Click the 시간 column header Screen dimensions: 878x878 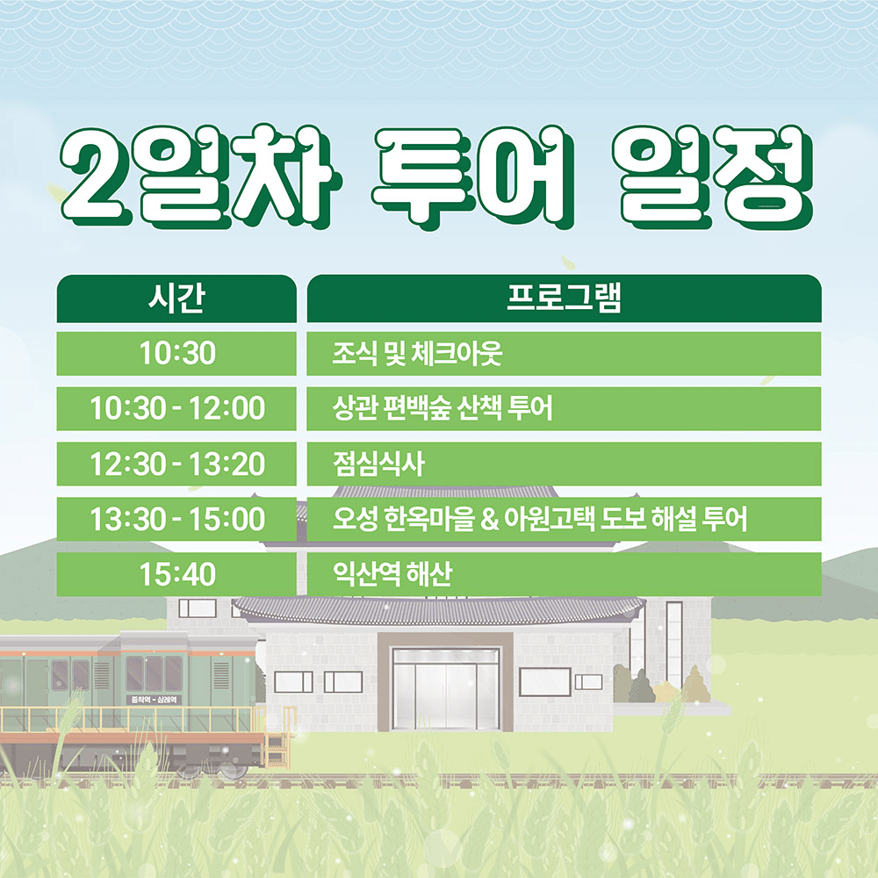(176, 299)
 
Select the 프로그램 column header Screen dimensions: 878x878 (564, 299)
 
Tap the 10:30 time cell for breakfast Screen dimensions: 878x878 (176, 354)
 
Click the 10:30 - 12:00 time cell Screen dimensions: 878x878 (176, 409)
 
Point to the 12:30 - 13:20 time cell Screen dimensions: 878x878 (176, 464)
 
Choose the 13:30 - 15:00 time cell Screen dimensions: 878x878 (176, 520)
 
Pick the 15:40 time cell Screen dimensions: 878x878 (176, 575)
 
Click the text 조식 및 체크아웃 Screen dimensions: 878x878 (417, 354)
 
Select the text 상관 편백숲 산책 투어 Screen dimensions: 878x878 (443, 409)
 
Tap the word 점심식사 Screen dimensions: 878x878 (378, 464)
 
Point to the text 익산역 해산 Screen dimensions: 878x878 (392, 575)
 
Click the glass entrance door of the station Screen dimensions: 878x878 (445, 688)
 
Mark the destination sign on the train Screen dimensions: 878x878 (154, 699)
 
